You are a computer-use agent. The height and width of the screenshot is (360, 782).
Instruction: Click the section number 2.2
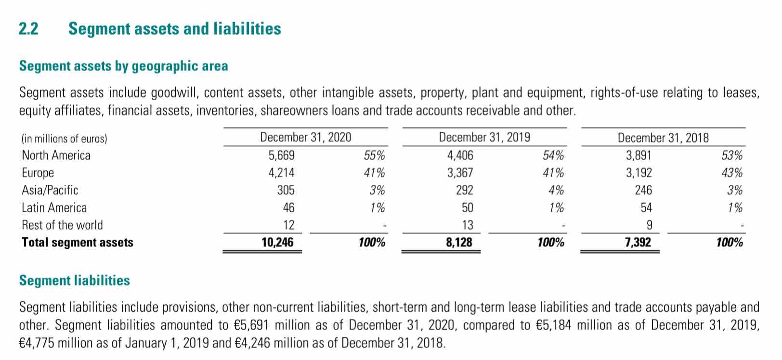click(28, 28)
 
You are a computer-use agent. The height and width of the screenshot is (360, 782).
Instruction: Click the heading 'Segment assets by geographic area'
click(124, 66)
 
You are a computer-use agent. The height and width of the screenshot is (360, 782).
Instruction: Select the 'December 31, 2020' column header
click(305, 137)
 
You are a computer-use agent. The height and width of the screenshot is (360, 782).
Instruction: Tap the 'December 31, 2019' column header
click(484, 137)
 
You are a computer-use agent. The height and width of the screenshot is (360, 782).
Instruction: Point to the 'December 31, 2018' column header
click(663, 138)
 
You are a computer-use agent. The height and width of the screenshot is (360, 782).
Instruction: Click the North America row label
click(56, 155)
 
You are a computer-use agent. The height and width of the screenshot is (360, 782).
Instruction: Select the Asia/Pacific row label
click(50, 190)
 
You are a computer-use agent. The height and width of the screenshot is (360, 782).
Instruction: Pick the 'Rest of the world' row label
click(62, 225)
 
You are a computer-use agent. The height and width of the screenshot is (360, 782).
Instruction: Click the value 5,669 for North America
click(281, 155)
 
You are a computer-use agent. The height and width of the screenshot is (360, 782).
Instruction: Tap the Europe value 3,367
click(460, 173)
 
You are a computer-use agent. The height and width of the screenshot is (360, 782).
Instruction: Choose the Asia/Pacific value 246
click(643, 190)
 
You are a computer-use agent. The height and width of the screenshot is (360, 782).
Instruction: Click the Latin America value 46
click(288, 207)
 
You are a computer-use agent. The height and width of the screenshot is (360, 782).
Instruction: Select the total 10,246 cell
click(277, 242)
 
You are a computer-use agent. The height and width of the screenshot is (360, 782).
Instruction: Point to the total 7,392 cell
click(638, 242)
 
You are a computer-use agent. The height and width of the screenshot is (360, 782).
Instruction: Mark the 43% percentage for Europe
click(732, 173)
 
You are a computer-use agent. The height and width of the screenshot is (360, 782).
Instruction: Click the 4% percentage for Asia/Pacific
click(556, 190)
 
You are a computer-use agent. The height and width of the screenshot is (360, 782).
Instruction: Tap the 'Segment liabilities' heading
click(74, 281)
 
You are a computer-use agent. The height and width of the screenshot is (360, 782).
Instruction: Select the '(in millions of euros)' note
click(64, 139)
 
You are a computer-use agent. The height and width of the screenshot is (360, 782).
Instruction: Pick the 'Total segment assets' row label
click(78, 242)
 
